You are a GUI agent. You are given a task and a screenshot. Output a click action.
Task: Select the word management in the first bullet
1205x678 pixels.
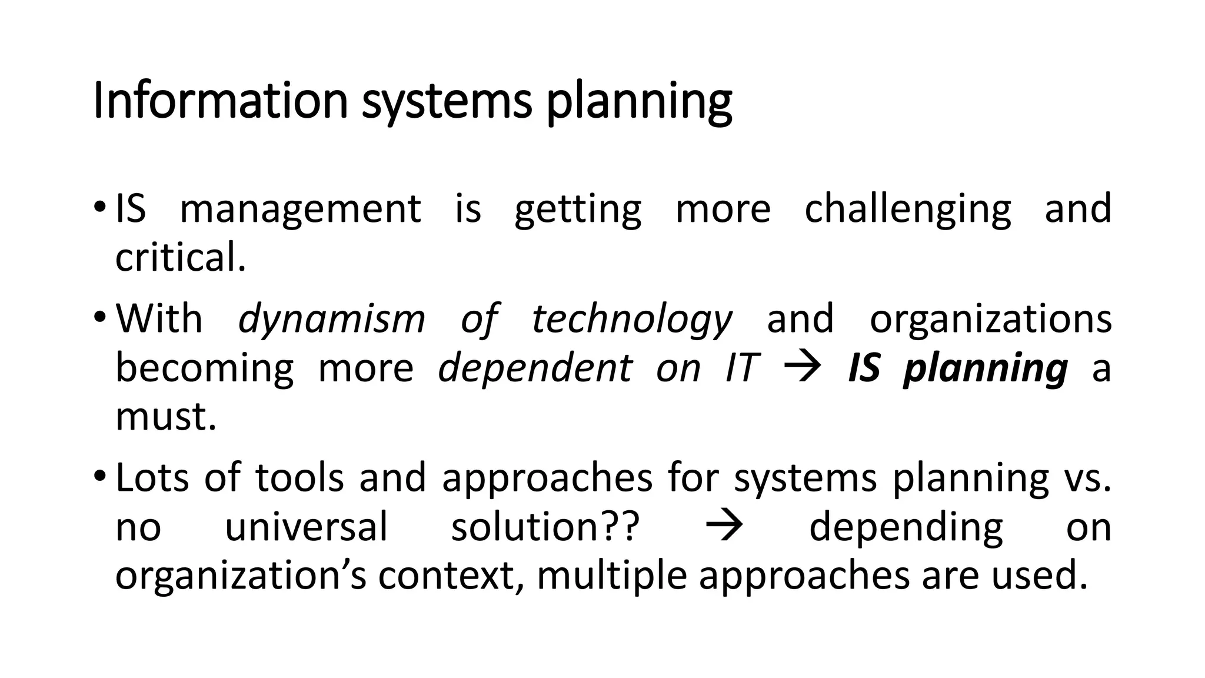(300, 210)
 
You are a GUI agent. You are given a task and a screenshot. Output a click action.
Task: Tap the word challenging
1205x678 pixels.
(907, 210)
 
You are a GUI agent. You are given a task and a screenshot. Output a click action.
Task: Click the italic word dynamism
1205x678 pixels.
(331, 320)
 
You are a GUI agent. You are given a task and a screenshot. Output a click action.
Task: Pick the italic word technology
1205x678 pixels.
(632, 320)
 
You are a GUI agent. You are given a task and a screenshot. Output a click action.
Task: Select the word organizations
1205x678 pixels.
(990, 320)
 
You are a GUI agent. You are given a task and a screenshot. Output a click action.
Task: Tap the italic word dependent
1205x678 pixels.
(535, 368)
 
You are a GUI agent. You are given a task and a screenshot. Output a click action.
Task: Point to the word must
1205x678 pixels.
(166, 417)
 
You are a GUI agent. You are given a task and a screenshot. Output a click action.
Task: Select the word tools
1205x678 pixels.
(299, 477)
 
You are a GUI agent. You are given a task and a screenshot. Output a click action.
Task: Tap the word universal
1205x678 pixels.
(306, 527)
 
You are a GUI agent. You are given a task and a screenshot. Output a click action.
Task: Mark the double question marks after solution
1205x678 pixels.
(621, 527)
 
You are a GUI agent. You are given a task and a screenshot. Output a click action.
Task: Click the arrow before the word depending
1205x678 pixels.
(724, 526)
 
